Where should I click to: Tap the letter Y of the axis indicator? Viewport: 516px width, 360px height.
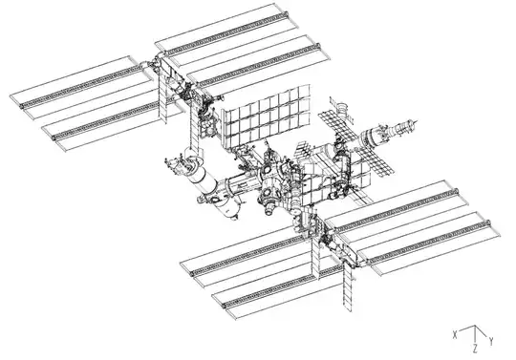491,341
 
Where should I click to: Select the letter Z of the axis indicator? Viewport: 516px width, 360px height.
475,351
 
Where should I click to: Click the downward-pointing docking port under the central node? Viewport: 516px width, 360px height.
271,202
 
